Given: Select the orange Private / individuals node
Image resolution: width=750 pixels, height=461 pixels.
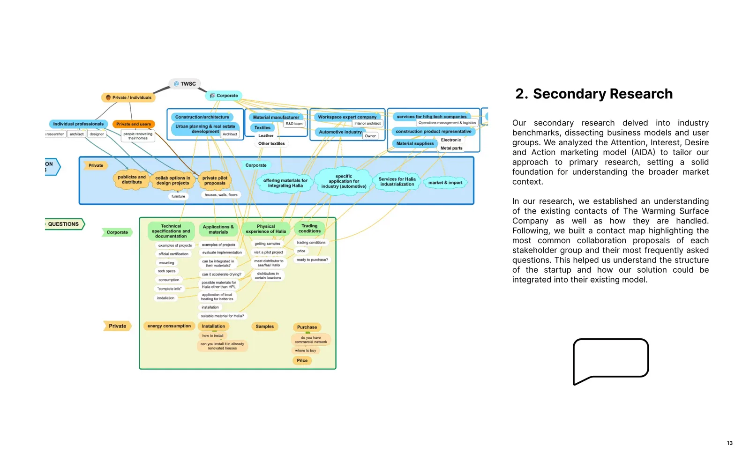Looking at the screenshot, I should pyautogui.click(x=128, y=97).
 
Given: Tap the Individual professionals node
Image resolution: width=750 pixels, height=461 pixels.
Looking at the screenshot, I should pyautogui.click(x=78, y=124).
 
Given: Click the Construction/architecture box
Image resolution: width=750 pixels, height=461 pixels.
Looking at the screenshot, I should pyautogui.click(x=202, y=117).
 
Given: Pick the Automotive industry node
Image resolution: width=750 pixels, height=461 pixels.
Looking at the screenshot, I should pyautogui.click(x=340, y=132).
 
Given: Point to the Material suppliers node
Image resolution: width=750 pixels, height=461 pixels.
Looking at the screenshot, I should pyautogui.click(x=415, y=143).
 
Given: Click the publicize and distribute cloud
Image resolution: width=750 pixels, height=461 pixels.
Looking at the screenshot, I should pyautogui.click(x=131, y=179).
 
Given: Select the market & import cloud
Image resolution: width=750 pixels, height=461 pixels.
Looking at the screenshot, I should pyautogui.click(x=445, y=183).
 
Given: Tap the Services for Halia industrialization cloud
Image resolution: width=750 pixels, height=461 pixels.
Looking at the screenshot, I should pyautogui.click(x=397, y=181).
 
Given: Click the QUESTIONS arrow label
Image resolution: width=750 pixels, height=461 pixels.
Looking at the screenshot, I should pyautogui.click(x=64, y=224).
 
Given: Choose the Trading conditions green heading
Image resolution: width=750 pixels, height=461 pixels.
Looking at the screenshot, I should pyautogui.click(x=309, y=228).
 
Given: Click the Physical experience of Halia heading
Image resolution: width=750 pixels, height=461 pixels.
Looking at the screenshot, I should pyautogui.click(x=266, y=229).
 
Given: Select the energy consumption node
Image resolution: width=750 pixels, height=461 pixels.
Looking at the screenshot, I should pyautogui.click(x=169, y=326).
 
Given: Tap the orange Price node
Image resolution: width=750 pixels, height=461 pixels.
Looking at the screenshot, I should pyautogui.click(x=302, y=360).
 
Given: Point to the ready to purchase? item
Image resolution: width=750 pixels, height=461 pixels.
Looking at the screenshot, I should pyautogui.click(x=312, y=260).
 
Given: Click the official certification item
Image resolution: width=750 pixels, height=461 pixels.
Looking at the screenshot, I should pyautogui.click(x=173, y=254).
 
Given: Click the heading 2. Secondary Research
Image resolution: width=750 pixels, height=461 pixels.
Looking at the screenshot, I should pyautogui.click(x=593, y=94).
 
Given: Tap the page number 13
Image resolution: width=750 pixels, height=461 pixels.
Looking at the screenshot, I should pyautogui.click(x=729, y=443).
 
